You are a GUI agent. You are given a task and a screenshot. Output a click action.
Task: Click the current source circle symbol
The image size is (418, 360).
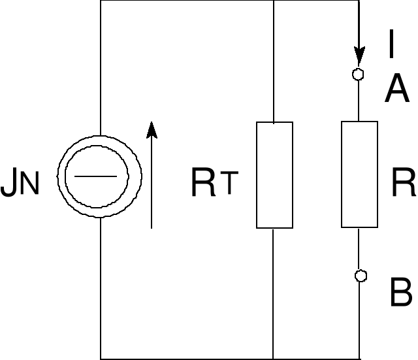pos(100,176)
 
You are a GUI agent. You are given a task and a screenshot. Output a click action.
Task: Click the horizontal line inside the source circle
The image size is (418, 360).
pos(100,176)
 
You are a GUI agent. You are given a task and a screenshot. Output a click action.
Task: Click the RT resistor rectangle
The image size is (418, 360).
pos(274,175)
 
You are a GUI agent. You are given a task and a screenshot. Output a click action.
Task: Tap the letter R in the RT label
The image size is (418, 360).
pos(203,184)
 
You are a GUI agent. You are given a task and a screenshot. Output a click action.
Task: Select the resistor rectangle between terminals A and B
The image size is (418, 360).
pos(359,174)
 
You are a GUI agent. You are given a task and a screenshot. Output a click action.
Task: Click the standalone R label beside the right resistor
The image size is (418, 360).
pos(403,183)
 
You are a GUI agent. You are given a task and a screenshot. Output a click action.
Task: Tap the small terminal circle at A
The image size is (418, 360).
pos(358,74)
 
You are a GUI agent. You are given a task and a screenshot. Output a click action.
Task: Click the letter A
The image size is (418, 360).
pos(396,90)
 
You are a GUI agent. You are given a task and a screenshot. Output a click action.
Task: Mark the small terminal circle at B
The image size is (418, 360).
pos(359,276)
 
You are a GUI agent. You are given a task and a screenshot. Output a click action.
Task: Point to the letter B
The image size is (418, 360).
pos(400,293)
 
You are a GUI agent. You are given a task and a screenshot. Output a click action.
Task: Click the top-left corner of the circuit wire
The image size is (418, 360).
pos(101,1)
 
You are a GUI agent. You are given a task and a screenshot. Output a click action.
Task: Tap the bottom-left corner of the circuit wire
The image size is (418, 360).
pos(101,358)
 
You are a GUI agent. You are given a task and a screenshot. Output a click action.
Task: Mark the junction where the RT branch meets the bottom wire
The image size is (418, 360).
pos(273,358)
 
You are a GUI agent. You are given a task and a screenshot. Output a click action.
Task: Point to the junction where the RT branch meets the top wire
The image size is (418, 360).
pos(273,1)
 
